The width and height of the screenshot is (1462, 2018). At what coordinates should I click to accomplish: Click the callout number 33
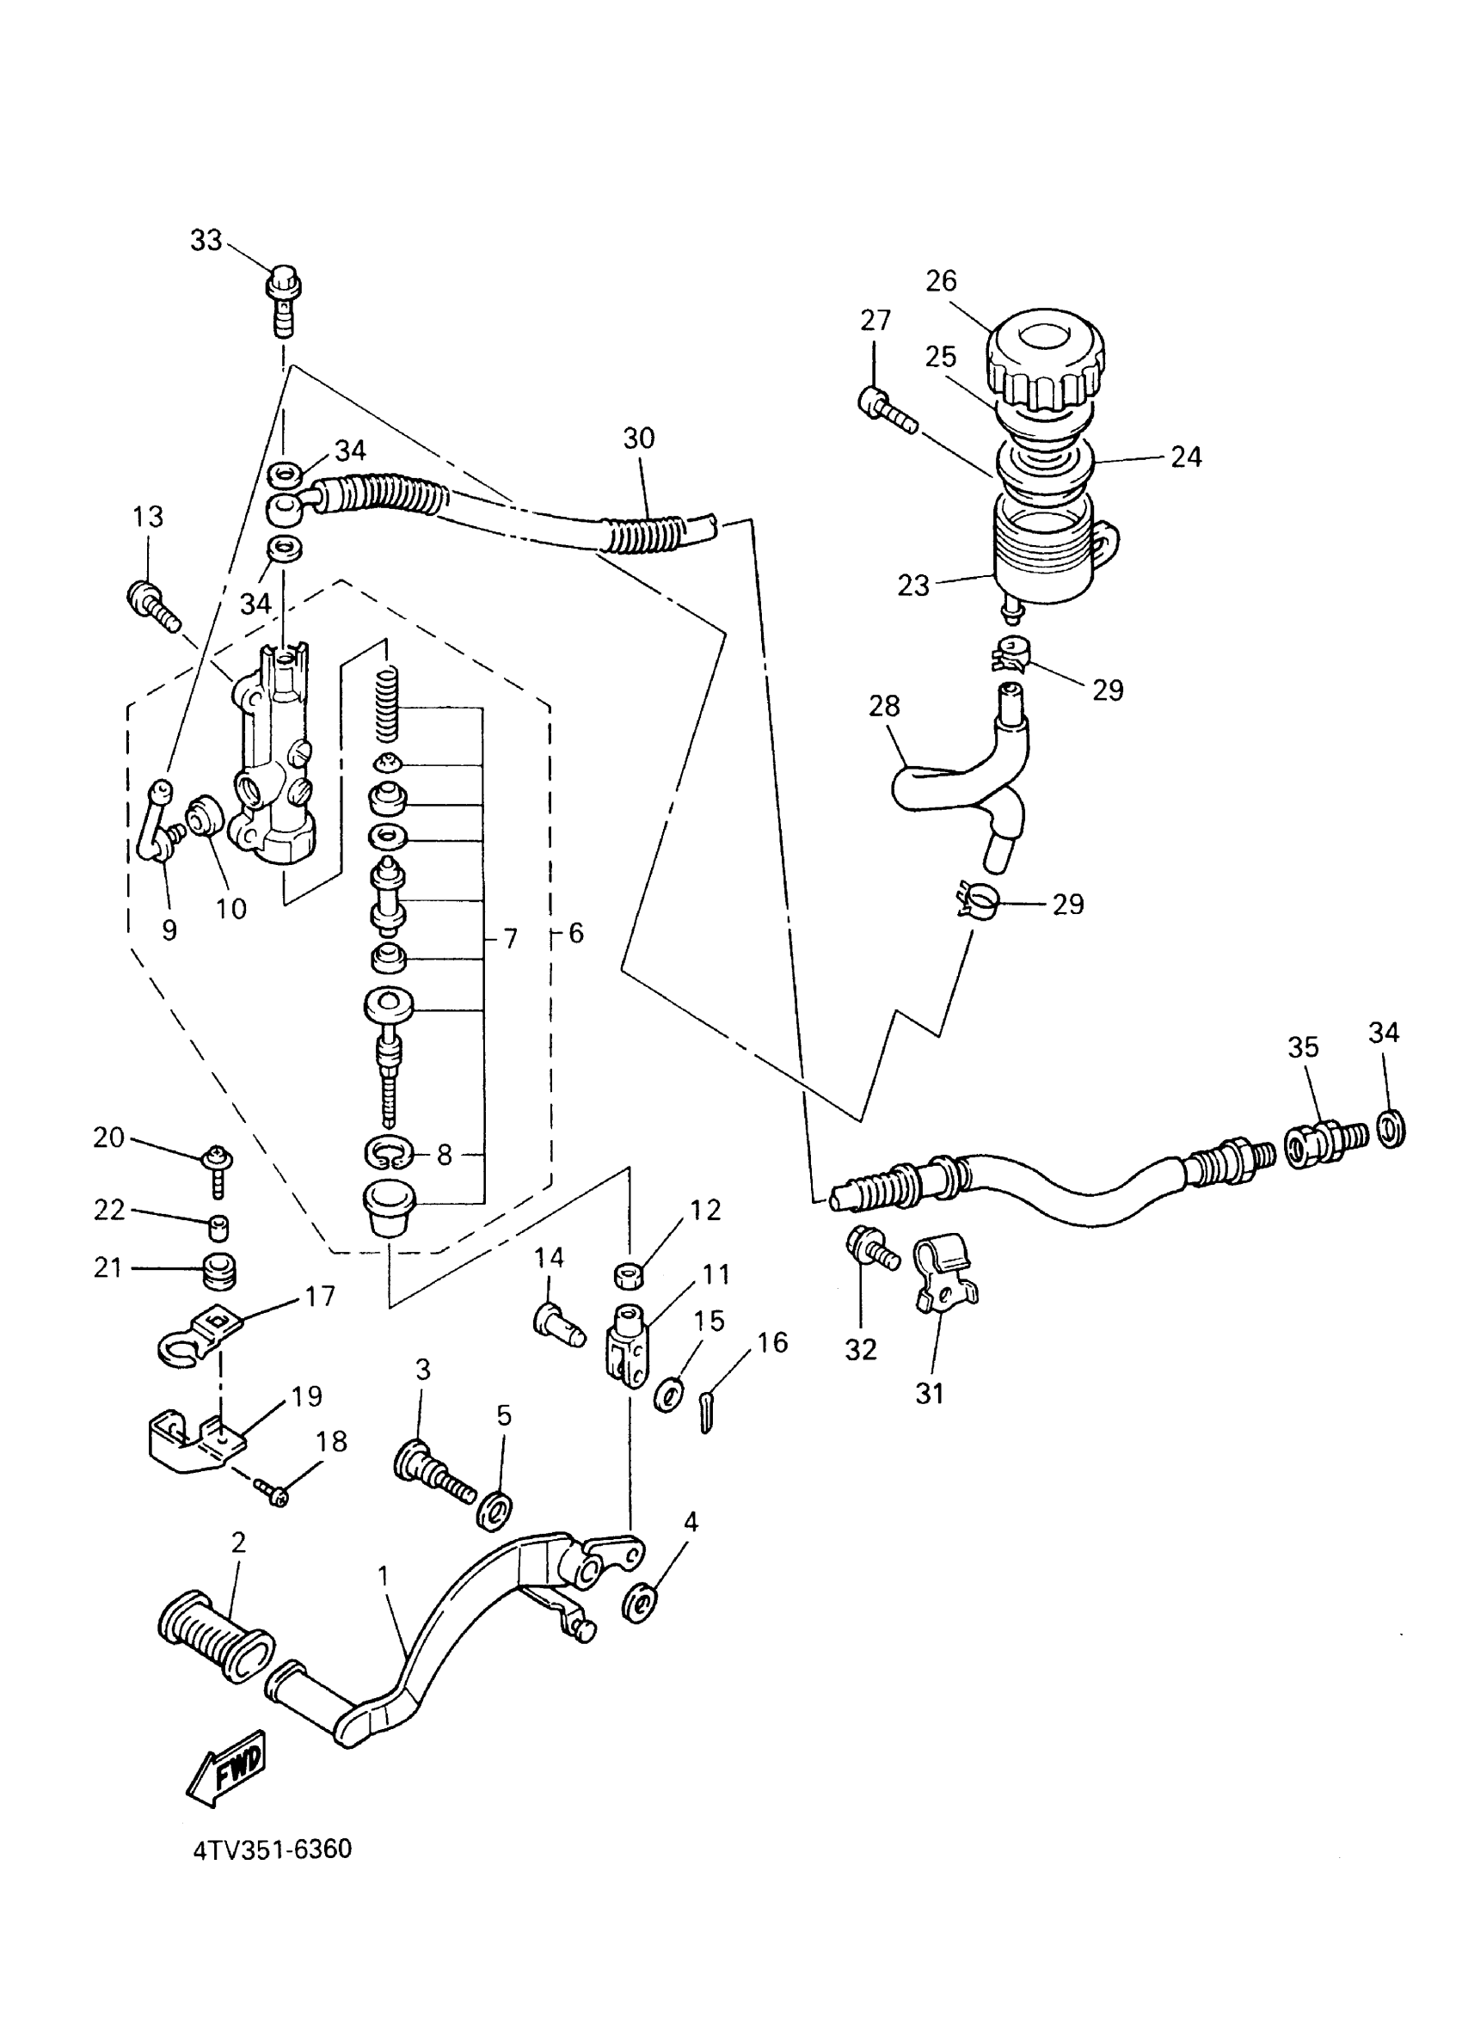(x=206, y=240)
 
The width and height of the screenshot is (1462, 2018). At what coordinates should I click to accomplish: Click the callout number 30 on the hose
(x=638, y=438)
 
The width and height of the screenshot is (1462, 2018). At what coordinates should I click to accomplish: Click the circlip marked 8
(x=389, y=1155)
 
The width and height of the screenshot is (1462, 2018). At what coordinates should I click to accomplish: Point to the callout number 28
(x=884, y=706)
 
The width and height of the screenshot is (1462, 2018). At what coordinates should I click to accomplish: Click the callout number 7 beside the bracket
(x=510, y=939)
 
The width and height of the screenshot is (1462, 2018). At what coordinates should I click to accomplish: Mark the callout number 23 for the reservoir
(x=913, y=585)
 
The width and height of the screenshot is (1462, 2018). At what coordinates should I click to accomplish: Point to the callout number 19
(x=306, y=1396)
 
